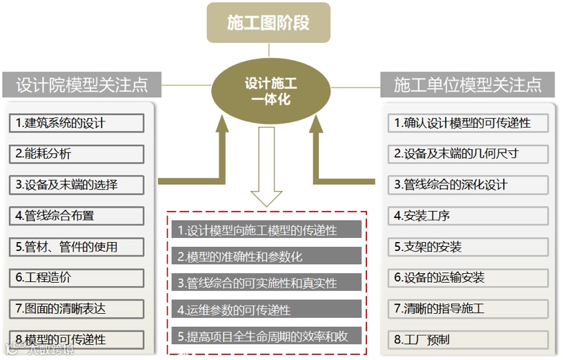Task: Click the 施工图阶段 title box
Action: (x=268, y=23)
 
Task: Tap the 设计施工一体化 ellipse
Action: (x=270, y=92)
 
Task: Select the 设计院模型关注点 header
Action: (x=82, y=85)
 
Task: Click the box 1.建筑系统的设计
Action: (x=77, y=123)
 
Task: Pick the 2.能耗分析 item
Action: (x=77, y=154)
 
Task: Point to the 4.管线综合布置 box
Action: (x=77, y=215)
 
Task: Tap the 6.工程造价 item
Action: (x=77, y=277)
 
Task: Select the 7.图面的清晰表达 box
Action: (x=77, y=308)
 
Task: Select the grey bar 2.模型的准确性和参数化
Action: (x=266, y=256)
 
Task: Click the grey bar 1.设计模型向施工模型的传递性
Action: (x=266, y=230)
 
